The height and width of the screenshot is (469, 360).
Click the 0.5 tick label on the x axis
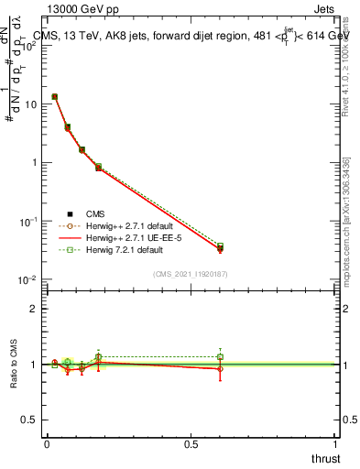[191, 444]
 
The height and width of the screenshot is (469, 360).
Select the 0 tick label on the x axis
[47, 444]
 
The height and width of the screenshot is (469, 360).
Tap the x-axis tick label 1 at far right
[336, 444]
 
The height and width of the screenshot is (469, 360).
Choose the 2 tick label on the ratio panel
[34, 309]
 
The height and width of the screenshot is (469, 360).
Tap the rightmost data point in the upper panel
[220, 247]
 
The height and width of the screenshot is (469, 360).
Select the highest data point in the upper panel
[55, 96]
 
